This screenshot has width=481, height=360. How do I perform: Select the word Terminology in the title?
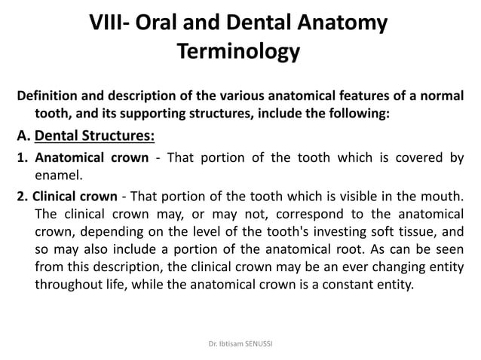[238, 52]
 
